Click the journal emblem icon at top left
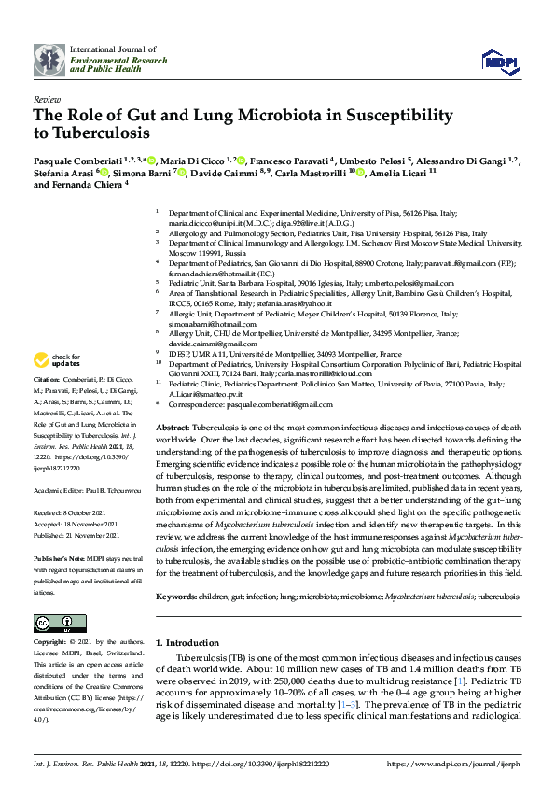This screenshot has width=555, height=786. pyautogui.click(x=49, y=59)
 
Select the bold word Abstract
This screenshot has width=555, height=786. pyautogui.click(x=173, y=426)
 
